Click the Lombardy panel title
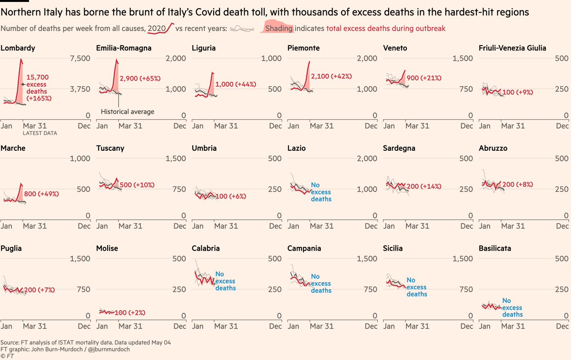[18, 48]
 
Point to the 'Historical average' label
[127, 111]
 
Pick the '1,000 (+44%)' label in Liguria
[236, 84]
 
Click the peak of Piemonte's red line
[309, 61]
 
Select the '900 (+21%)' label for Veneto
[424, 78]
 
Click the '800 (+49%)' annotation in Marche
[41, 194]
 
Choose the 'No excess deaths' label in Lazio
[321, 192]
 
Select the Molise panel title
[107, 248]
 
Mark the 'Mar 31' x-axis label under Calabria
[226, 326]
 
